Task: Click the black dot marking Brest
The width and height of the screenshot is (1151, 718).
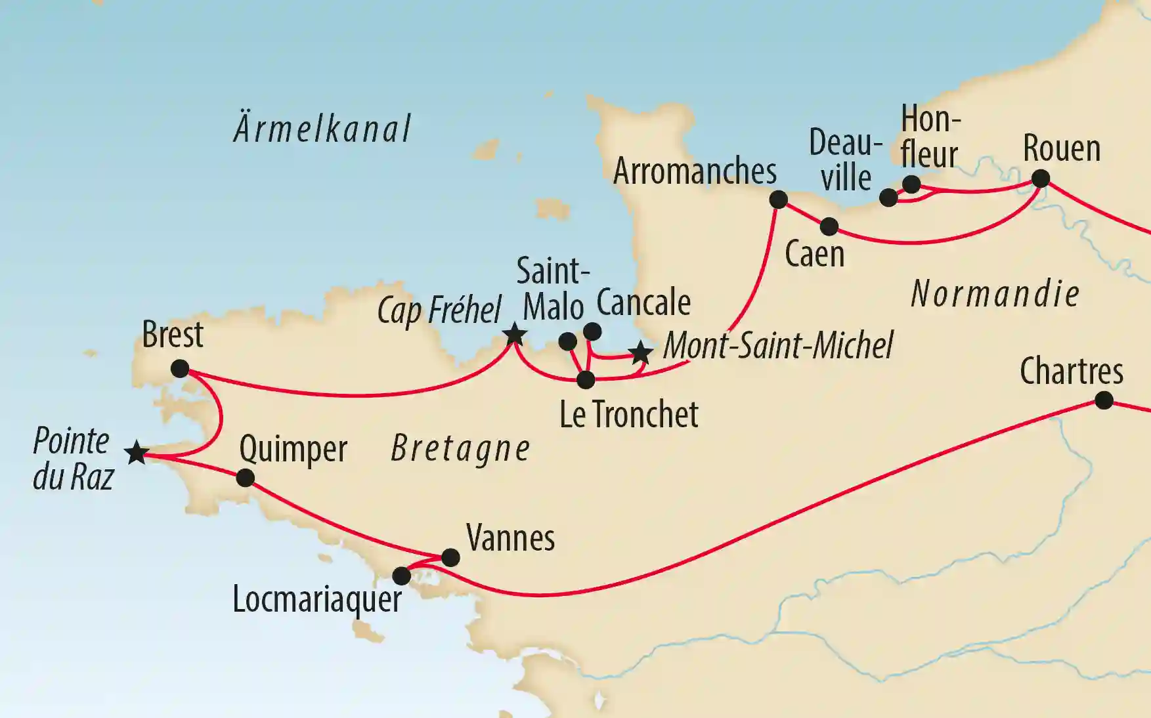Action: pos(180,369)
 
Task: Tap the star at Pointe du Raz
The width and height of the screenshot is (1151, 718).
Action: pos(137,453)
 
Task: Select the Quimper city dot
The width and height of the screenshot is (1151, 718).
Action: pos(245,477)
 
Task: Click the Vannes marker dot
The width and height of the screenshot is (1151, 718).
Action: pos(450,558)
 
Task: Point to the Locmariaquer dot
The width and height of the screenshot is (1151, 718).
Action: pos(401,576)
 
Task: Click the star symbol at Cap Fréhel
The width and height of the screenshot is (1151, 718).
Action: pos(514,335)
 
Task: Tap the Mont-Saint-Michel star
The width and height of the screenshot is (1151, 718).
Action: pos(641,353)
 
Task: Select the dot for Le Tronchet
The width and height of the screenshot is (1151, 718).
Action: pos(586,379)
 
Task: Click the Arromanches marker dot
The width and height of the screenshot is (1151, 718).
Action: pos(778,200)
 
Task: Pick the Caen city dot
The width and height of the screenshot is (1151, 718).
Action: pos(829,226)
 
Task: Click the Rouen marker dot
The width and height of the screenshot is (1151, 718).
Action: pos(1041,179)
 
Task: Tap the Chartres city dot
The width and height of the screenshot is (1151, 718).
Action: pos(1104,400)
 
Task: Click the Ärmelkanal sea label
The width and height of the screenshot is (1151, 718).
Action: pos(322,129)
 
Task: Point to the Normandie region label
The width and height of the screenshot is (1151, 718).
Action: pos(995,293)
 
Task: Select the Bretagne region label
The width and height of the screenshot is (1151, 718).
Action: pos(460,450)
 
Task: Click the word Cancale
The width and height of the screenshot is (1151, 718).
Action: pos(643,303)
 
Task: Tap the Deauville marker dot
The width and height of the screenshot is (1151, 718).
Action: pos(888,198)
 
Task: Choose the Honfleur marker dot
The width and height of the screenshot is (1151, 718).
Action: pos(911,184)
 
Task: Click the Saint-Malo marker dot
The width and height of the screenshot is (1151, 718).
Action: pos(567,341)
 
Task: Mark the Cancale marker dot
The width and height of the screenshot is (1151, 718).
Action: pos(592,331)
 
